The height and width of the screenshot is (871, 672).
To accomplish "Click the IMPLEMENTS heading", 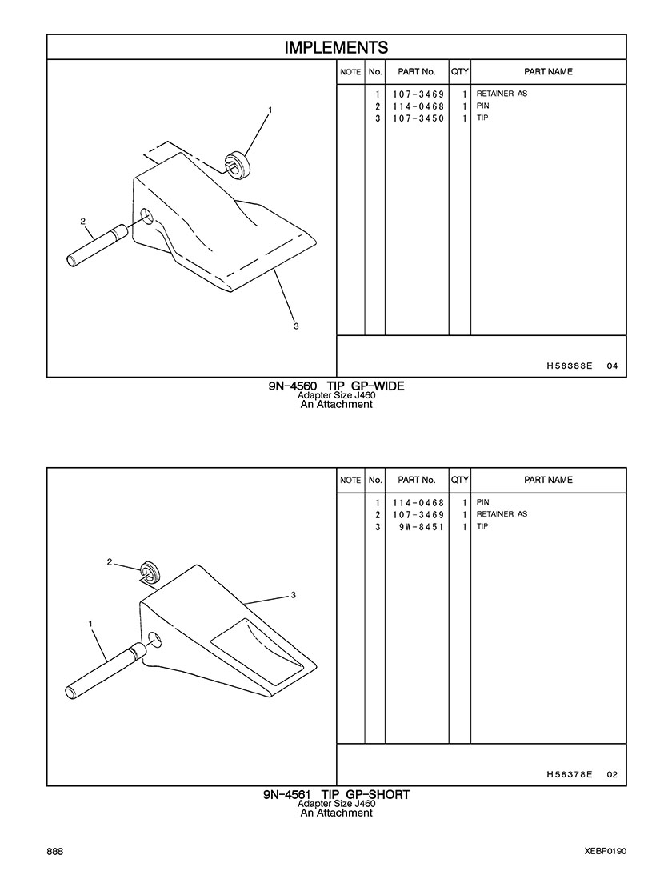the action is [x=336, y=47].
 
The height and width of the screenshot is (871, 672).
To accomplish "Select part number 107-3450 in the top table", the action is [x=418, y=118].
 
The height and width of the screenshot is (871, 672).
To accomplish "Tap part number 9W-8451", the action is [x=422, y=526].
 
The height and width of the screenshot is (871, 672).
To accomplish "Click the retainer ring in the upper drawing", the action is [x=238, y=163].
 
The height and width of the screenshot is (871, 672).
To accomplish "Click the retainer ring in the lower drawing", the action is [x=150, y=571].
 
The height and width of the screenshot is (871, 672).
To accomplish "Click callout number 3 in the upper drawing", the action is [x=296, y=326].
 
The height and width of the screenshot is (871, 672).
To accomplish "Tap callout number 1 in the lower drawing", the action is [x=90, y=624].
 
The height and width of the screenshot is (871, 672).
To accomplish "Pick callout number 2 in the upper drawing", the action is [x=83, y=221].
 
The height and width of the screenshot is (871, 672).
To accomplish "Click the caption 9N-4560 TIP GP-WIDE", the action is [x=336, y=386].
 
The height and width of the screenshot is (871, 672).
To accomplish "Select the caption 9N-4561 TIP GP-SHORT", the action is [x=336, y=795].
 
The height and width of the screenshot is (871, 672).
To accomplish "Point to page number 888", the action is [x=55, y=852].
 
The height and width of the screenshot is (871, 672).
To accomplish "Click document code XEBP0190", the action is [x=606, y=852].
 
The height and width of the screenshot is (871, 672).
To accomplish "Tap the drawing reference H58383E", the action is [x=570, y=366].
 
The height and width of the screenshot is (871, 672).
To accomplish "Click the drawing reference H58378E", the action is [x=570, y=774].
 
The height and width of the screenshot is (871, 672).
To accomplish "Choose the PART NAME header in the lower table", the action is [x=548, y=480].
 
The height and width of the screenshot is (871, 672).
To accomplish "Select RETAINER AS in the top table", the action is [x=502, y=94].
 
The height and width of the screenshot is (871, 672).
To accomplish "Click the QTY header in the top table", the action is [x=460, y=72].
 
